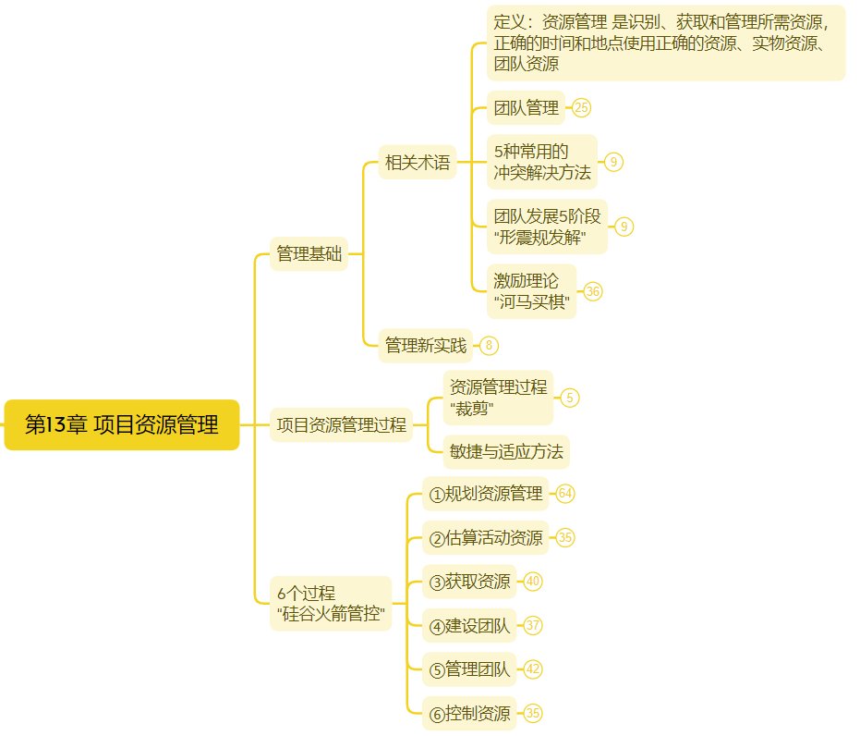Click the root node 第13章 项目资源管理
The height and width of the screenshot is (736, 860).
[122, 425]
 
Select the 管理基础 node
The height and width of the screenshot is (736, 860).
[309, 254]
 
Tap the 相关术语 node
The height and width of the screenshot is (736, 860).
[418, 163]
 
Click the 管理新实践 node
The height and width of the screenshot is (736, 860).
[426, 346]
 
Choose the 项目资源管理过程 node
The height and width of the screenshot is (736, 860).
[341, 425]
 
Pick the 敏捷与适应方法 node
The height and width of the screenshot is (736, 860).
[506, 452]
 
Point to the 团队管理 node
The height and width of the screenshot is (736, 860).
[526, 108]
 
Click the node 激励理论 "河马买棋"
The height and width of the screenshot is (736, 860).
[531, 291]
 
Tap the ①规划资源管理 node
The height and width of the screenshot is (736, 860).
[486, 494]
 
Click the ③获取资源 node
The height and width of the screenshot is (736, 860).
[470, 582]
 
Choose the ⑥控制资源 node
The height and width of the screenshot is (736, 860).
[470, 714]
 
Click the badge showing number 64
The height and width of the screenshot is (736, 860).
[565, 494]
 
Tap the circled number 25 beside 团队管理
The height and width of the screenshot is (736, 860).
[581, 108]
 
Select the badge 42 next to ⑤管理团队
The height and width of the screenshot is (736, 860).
[533, 669]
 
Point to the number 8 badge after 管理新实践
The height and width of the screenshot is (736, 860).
[489, 346]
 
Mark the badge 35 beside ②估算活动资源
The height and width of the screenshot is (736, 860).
[565, 537]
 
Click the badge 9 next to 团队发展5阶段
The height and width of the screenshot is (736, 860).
[624, 227]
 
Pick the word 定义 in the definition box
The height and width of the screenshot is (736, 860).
[508, 22]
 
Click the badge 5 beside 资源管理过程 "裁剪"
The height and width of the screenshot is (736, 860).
[570, 398]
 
